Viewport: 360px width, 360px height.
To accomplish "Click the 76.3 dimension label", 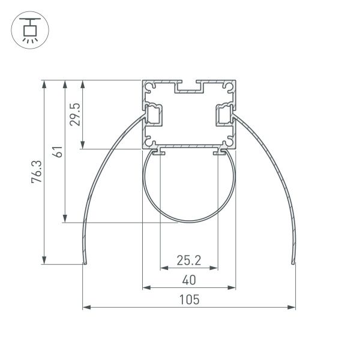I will point(37,172).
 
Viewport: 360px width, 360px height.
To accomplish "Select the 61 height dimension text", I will point(57,151).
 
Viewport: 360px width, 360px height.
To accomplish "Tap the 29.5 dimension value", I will point(76,113).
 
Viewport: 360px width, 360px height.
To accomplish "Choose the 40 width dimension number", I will point(188,280).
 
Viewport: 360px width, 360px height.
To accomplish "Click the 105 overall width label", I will point(188,299).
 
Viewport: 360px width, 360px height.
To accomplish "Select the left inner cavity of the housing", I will point(154,114).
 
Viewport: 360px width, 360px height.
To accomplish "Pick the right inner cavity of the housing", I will point(224,114).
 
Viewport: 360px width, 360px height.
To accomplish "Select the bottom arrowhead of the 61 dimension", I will point(64,221).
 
